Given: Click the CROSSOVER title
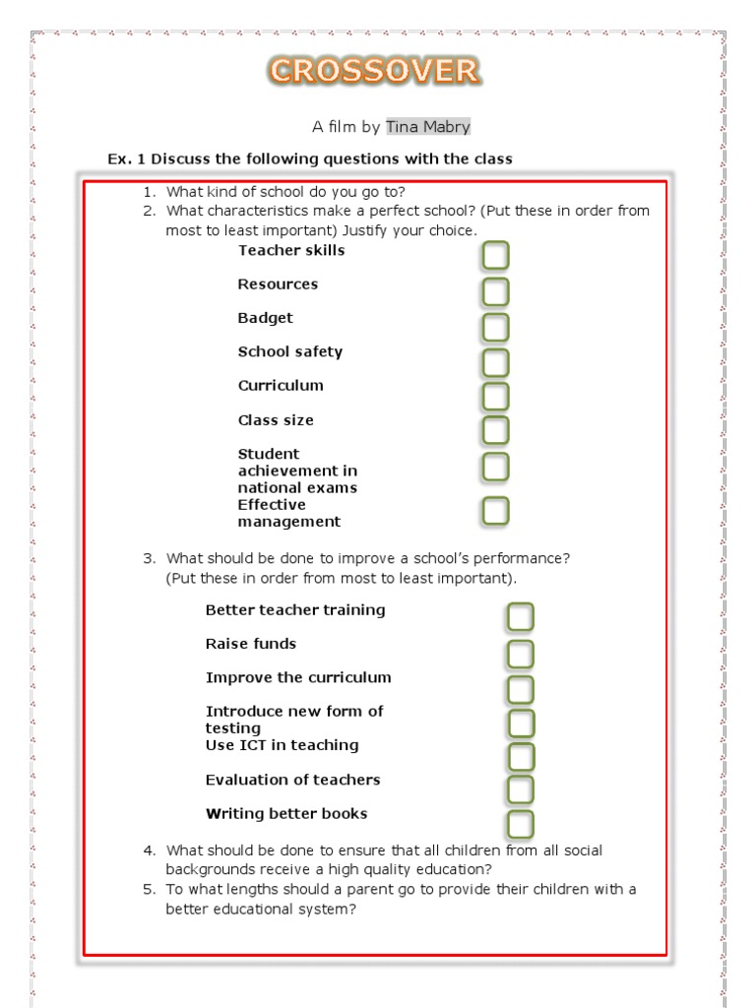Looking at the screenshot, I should pos(374,71).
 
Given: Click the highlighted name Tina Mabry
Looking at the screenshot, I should pos(427,127).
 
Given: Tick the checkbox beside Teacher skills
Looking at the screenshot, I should pos(496,257).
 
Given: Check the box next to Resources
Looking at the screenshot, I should pos(496,292).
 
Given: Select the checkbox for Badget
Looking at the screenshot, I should pos(496,327).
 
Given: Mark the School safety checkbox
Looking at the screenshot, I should pos(496,362).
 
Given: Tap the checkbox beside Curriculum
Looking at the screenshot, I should pos(496,397).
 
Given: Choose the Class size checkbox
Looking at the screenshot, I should pos(496,430).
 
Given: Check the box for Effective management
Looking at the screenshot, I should pos(496,511).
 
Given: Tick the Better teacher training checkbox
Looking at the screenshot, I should pos(521,617).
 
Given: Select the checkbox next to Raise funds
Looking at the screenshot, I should pos(521,654).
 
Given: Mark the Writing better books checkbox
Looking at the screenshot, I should pos(521,823).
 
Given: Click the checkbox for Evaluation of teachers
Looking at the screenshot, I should pos(521,788).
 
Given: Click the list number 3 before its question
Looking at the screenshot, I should pos(149,558).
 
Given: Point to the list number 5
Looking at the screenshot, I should pos(149,889).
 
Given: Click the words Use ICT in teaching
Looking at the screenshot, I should pos(282,745).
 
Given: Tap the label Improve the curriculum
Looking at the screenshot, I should pos(298,677).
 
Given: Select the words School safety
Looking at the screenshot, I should pos(289,351).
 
